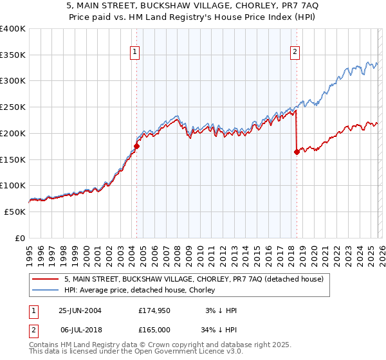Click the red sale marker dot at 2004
tap(136, 147)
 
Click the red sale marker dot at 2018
tap(297, 152)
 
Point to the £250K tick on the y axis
tap(13, 107)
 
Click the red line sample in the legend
tap(46, 279)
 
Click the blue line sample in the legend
tap(46, 290)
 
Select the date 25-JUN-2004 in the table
tap(80, 310)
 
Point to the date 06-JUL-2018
tap(80, 330)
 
